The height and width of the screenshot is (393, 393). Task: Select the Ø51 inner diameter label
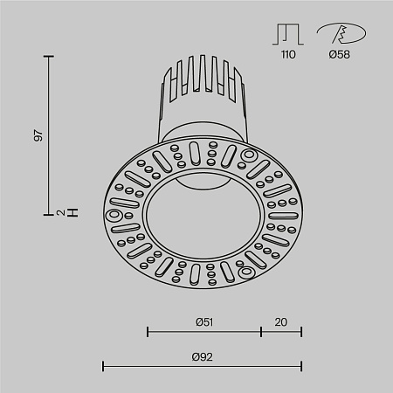(x=204, y=321)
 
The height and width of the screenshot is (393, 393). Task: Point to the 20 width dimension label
(x=281, y=321)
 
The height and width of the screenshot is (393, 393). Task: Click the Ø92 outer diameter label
(x=204, y=356)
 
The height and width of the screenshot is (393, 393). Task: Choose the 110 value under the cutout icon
(x=288, y=54)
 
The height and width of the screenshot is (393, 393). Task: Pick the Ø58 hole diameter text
(x=340, y=54)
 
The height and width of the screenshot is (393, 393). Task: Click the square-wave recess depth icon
(x=288, y=33)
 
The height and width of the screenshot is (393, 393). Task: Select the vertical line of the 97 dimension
(x=49, y=131)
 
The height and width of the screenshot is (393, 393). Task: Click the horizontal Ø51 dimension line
(x=204, y=332)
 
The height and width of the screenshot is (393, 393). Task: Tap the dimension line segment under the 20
(x=281, y=332)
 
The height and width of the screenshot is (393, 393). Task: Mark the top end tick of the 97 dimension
(x=49, y=56)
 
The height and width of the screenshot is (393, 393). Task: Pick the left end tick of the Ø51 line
(x=148, y=332)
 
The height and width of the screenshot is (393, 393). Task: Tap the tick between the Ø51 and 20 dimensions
(x=261, y=332)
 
